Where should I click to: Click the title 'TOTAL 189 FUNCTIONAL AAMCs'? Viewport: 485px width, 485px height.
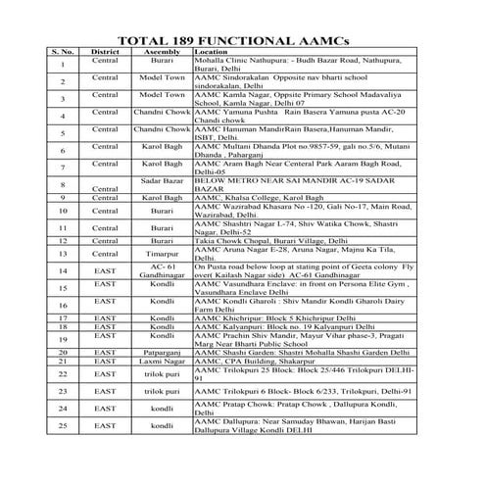tap(242, 40)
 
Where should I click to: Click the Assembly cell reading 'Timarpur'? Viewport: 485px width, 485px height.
tap(162, 253)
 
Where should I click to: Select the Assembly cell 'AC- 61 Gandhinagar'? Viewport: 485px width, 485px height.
tap(162, 271)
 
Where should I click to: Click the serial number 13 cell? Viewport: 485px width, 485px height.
tap(62, 255)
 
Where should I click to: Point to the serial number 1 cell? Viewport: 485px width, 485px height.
tap(62, 67)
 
